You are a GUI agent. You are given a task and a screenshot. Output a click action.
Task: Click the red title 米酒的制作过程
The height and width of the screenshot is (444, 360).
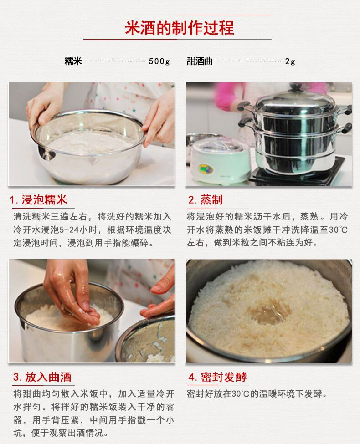(x=180, y=28)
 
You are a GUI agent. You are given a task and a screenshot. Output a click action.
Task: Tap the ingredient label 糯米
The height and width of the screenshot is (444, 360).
(x=73, y=61)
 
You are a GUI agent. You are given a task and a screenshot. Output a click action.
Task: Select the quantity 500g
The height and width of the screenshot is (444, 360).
(x=159, y=61)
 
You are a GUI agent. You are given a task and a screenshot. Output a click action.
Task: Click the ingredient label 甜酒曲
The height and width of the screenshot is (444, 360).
(x=200, y=61)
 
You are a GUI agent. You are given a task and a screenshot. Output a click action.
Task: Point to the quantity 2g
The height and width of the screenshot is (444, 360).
(x=290, y=61)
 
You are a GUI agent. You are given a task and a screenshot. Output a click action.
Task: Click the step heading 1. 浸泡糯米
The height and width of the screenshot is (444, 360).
(x=39, y=200)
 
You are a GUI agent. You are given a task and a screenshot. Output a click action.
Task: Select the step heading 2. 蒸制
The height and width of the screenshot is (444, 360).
(x=206, y=200)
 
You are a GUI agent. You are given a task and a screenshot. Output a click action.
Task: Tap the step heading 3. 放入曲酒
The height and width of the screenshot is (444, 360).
(x=42, y=377)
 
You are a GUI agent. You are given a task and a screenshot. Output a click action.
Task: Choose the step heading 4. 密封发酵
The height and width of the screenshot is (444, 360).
(x=217, y=377)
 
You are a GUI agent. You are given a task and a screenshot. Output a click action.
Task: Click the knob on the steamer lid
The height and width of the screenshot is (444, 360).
(x=296, y=87)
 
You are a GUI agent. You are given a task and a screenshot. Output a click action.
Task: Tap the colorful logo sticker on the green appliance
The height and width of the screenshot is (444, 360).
(x=206, y=169)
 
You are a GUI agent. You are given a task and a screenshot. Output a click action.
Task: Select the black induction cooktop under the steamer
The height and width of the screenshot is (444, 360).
(x=298, y=173)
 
